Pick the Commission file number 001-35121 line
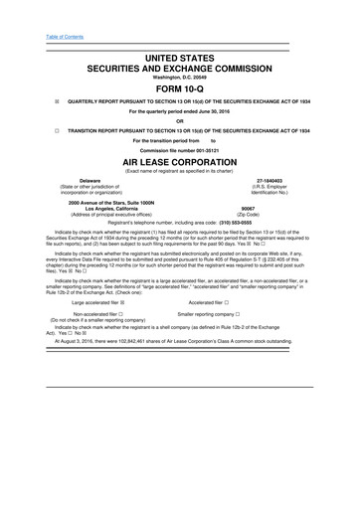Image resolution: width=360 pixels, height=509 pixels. (180, 150)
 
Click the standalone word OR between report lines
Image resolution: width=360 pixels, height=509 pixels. (180, 121)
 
